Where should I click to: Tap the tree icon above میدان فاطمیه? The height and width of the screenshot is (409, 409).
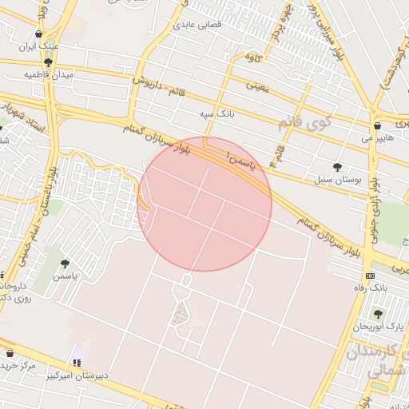[49, 62]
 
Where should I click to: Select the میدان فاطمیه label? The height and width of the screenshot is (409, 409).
[42, 74]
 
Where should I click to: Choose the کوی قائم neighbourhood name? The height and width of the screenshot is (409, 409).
[302, 122]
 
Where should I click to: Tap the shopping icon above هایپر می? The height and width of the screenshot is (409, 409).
[376, 126]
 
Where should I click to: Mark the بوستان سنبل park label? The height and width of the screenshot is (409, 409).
[338, 179]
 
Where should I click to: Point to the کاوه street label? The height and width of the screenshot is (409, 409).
[253, 56]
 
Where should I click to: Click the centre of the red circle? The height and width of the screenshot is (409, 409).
[204, 204]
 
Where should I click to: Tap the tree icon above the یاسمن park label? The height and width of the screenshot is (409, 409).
[65, 263]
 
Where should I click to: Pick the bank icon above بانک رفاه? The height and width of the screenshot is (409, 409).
[369, 276]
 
